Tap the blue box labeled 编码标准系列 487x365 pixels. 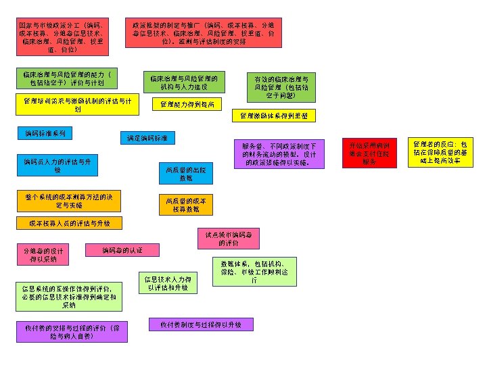45,134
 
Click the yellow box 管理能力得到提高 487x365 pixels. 187,104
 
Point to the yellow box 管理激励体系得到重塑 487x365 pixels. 273,116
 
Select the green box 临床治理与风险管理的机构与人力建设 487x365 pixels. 183,82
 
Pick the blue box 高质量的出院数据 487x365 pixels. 186,174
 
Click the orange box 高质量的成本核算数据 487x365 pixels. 186,205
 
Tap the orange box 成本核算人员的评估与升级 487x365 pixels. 74,223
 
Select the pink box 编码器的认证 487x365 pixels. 122,251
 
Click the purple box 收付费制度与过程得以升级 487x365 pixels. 201,324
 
